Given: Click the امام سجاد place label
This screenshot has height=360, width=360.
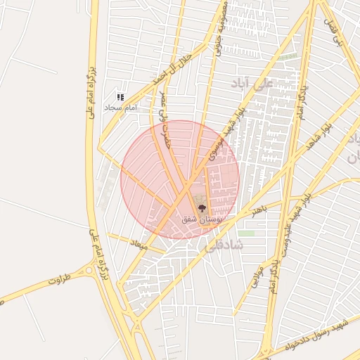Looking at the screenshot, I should pyautogui.click(x=120, y=108).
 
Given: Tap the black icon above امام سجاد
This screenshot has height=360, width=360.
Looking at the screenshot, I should pyautogui.click(x=120, y=97).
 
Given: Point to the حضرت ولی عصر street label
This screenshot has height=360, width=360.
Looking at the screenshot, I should pyautogui.click(x=165, y=120).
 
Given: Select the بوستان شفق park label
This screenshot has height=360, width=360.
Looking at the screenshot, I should pyautogui.click(x=202, y=219).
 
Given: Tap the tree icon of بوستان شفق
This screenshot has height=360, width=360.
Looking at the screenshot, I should pyautogui.click(x=202, y=208).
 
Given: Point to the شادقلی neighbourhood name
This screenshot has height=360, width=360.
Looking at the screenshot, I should pyautogui.click(x=224, y=245).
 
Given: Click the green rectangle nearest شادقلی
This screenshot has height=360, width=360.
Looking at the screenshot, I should pyautogui.click(x=245, y=233).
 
